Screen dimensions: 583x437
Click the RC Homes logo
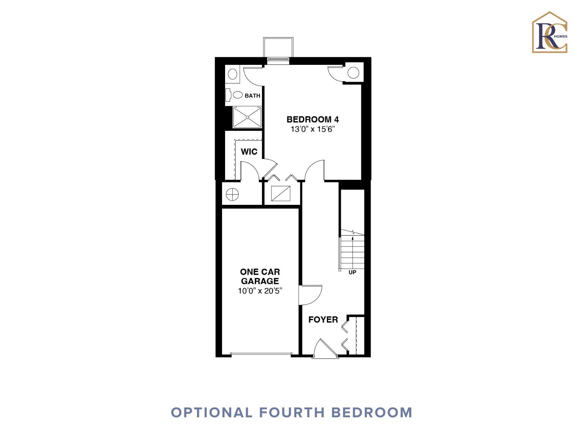coord(550,32)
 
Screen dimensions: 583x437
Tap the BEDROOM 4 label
coord(313,119)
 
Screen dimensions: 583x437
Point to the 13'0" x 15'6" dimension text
coord(313,129)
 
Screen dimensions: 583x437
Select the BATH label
coord(252,96)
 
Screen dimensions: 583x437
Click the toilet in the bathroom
coord(234,95)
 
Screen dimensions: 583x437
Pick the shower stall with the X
coord(247,117)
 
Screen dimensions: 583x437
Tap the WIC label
coord(249,151)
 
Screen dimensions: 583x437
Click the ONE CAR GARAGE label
coord(260,276)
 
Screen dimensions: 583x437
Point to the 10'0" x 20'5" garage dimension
coord(260,291)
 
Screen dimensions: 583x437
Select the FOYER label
coord(323,319)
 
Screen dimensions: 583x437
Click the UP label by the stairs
coord(352,272)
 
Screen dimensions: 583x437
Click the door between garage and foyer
coord(310,295)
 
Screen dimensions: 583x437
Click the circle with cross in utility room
coord(232,195)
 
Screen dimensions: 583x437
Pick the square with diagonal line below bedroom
coord(280,193)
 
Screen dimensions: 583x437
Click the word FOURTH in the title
coord(291,413)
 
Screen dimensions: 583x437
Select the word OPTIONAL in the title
coord(211,413)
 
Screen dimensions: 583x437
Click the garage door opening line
coord(261,354)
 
